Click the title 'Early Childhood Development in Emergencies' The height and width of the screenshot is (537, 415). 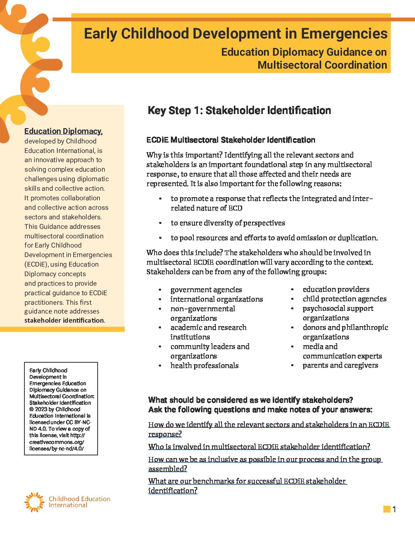235,34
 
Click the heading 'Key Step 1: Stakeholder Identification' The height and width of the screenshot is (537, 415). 239,111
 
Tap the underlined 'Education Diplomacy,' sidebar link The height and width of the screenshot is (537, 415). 63,131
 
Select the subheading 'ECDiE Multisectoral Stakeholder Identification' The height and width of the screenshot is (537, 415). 230,140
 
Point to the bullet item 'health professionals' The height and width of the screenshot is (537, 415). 204,365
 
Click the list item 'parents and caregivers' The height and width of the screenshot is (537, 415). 340,365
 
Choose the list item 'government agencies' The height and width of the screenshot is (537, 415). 206,289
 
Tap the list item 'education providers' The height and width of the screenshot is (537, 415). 336,289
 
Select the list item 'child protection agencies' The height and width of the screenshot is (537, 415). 344,299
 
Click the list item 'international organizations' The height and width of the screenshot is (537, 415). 216,299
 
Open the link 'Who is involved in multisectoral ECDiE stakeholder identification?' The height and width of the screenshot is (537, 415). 259,447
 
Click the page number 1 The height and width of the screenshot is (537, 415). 394,509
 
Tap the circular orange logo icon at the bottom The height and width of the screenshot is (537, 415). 34,502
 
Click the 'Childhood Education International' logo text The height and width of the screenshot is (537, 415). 79,502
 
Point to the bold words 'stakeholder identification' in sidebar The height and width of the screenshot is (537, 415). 64,320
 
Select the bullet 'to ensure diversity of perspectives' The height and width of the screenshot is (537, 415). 228,223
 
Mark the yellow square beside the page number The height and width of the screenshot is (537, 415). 387,509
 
